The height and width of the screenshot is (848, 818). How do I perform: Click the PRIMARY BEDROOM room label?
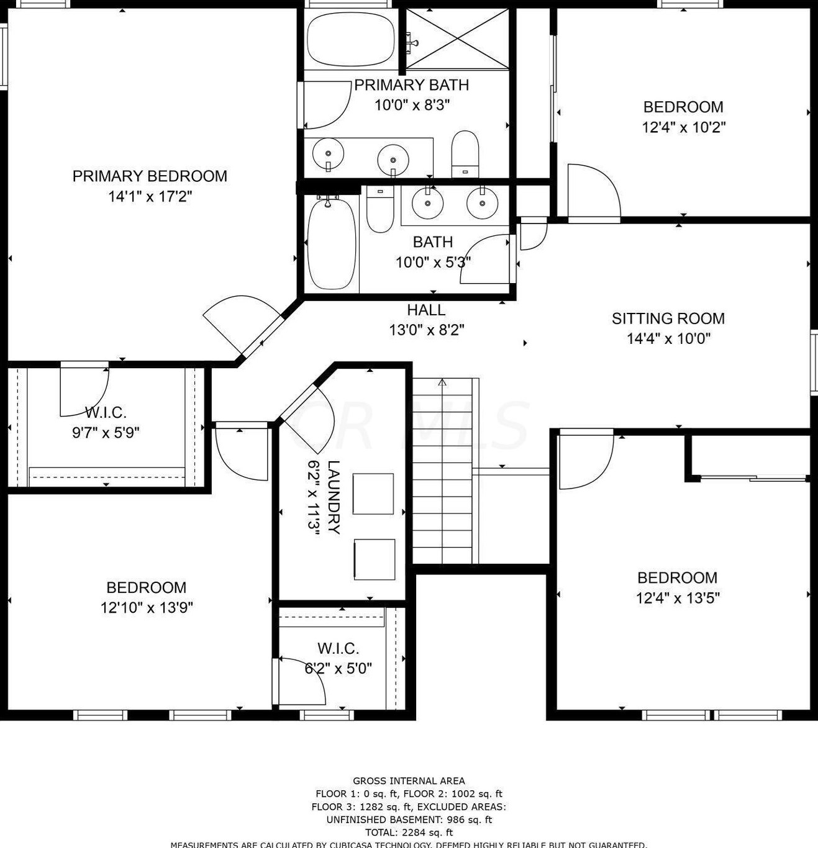tap(150, 176)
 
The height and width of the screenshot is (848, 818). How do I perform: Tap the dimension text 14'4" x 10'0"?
tap(668, 338)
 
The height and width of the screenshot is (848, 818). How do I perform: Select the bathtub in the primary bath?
tap(351, 38)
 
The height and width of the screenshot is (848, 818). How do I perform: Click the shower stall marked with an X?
tap(458, 39)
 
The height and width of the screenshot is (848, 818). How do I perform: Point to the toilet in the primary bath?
tap(465, 153)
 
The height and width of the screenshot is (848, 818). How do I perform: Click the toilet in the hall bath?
tap(379, 209)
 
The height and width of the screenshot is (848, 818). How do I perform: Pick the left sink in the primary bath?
tap(327, 153)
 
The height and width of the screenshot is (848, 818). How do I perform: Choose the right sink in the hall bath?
tap(482, 202)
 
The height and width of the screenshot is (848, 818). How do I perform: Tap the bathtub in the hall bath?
tap(332, 243)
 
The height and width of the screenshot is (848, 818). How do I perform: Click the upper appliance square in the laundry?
tap(373, 494)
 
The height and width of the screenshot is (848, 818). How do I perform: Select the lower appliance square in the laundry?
tap(374, 559)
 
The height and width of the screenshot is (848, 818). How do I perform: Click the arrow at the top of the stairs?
tap(442, 382)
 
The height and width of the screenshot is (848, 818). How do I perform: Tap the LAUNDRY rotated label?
tap(334, 497)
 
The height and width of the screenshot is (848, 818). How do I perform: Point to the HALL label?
tap(426, 310)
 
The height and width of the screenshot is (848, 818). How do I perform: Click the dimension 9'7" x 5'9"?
tap(106, 432)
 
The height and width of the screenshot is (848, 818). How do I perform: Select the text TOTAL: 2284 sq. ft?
tap(409, 832)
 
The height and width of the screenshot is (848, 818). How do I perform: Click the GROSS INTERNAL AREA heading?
tap(409, 781)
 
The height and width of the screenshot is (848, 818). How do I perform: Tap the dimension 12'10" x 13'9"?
tap(147, 607)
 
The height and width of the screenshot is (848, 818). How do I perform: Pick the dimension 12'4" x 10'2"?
tap(683, 127)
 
